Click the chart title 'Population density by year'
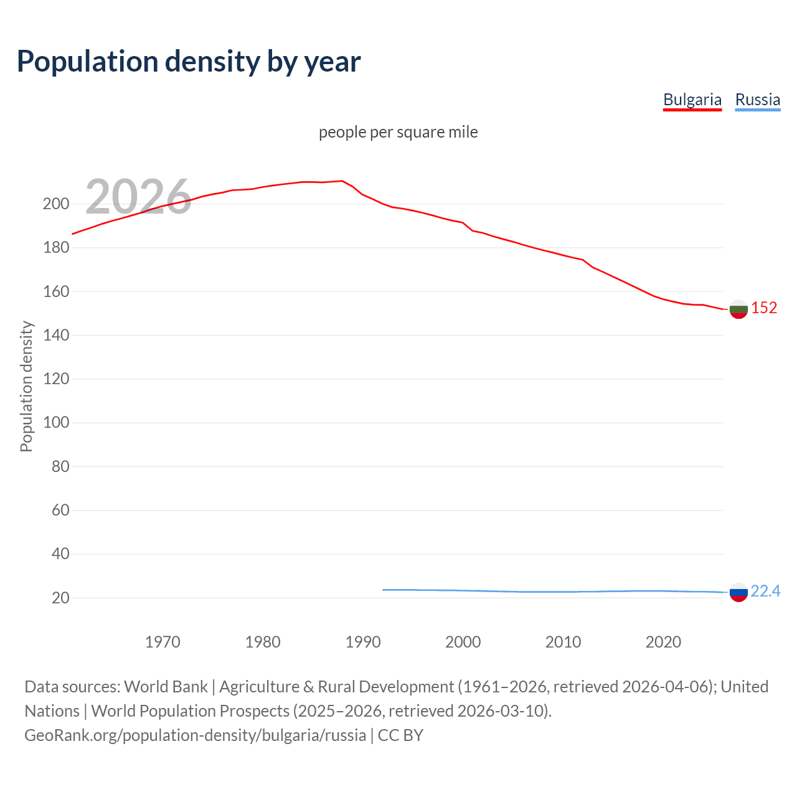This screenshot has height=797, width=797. pos(189,62)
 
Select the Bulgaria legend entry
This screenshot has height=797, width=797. pos(692,100)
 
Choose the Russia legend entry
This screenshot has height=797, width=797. pos(757,100)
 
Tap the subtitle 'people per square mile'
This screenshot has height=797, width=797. pos(398,132)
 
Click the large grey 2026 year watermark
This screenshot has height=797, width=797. pos(138,197)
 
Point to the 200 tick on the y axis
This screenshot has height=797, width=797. pos(56,204)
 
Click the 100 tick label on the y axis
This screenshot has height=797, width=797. pos(56,423)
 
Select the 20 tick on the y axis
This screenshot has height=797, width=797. pos(60,598)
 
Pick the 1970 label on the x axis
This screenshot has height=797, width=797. pos(163,642)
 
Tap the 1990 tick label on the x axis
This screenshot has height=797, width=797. pos(363,642)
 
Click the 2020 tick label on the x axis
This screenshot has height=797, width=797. pos(663,642)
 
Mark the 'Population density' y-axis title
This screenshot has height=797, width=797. pos(26,386)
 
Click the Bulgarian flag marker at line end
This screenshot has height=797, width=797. pos(738,309)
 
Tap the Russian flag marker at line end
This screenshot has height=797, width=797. pos(738,592)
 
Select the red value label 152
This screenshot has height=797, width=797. pos(764,308)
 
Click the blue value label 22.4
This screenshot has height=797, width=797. pos(765,591)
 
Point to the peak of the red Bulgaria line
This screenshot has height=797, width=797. pos(342,181)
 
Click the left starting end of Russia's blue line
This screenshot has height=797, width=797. pos(384,590)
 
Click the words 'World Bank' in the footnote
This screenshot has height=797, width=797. pos(166,687)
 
